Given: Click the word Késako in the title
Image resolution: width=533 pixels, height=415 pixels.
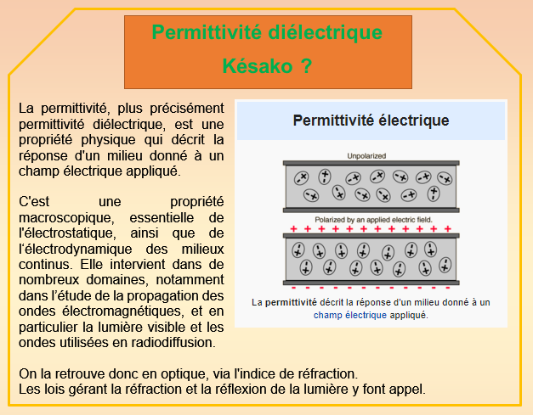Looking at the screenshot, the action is click(258, 66).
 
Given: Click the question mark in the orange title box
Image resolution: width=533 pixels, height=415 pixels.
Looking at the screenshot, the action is click(306, 66).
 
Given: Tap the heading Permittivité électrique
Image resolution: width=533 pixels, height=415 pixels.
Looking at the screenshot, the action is click(371, 121).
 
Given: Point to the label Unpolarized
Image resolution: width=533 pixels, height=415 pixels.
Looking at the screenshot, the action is click(366, 156).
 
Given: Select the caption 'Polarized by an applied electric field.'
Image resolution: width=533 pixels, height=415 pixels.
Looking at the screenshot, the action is click(373, 220).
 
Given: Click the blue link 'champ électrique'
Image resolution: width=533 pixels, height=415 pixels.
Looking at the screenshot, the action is click(349, 315).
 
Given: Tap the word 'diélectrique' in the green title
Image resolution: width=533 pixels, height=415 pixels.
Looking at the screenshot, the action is click(326, 32).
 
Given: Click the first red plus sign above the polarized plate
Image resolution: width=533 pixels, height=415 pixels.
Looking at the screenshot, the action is click(293, 229).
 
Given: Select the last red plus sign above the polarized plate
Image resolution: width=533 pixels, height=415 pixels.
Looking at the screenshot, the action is click(448, 229).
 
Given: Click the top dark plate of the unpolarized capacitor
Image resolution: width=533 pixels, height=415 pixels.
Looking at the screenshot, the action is click(371, 163).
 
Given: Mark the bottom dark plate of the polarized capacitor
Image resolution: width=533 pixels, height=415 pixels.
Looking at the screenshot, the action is click(371, 283).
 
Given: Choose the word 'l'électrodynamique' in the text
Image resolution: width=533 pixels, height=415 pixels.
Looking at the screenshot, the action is click(75, 249).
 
